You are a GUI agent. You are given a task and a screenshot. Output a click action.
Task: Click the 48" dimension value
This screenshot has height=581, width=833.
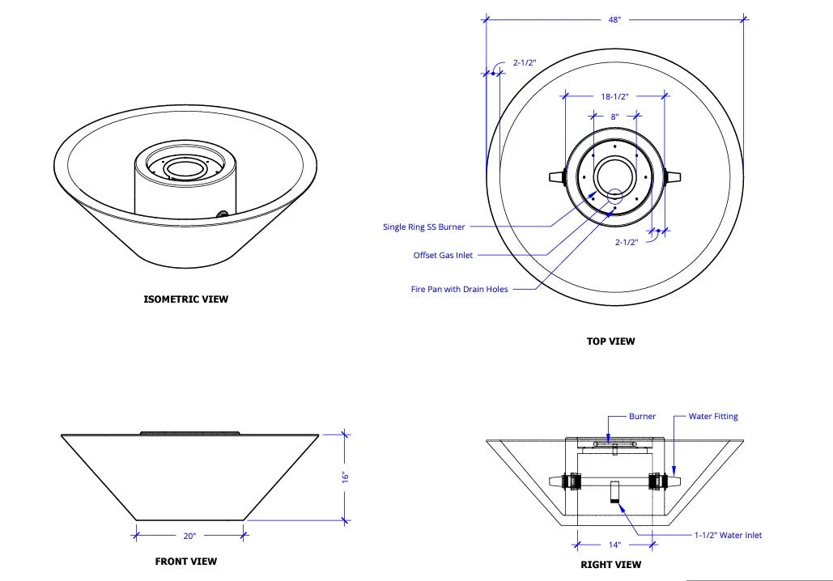(x=614, y=19)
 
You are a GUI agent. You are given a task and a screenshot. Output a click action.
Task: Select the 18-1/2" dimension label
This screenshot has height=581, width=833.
(x=614, y=96)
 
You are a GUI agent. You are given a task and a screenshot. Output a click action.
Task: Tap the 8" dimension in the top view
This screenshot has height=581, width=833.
(x=614, y=117)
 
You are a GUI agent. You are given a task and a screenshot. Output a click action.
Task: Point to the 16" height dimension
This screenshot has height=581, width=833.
(x=345, y=477)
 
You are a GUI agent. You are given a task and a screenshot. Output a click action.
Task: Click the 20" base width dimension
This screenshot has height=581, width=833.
(x=189, y=536)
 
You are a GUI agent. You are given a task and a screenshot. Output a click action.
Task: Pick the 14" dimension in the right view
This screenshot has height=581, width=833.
(x=614, y=545)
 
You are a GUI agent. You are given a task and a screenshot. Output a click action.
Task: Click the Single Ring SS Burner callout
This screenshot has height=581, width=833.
(x=424, y=227)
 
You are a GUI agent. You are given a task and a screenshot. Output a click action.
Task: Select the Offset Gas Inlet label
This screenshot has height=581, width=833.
(x=443, y=255)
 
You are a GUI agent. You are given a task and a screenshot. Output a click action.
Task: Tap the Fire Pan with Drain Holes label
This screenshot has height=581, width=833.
(x=460, y=290)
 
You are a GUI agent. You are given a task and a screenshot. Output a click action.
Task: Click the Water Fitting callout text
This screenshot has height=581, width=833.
(x=713, y=417)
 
